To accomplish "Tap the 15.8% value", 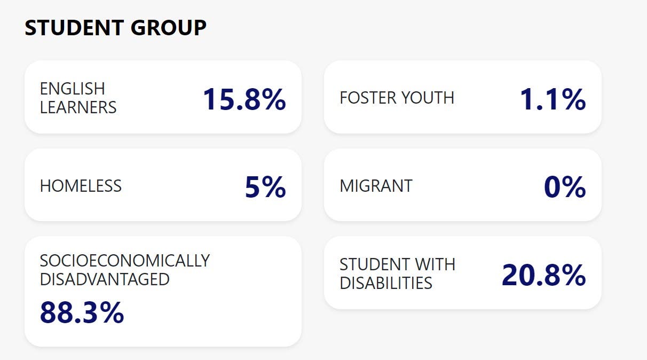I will [244, 99].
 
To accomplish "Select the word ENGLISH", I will [73, 88].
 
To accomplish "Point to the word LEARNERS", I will [78, 107].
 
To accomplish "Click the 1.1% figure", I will [553, 99].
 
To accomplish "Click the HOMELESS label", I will [81, 186].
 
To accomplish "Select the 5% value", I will [265, 187].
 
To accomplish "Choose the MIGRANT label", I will [376, 186].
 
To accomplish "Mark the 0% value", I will [565, 187].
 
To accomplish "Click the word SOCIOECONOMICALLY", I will [125, 261].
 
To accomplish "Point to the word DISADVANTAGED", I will [105, 279].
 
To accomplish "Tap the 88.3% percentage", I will [82, 313].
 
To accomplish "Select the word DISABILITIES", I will [386, 283].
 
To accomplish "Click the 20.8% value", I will [543, 275].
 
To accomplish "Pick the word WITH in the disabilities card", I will [437, 264].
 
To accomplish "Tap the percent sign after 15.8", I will [273, 99].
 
